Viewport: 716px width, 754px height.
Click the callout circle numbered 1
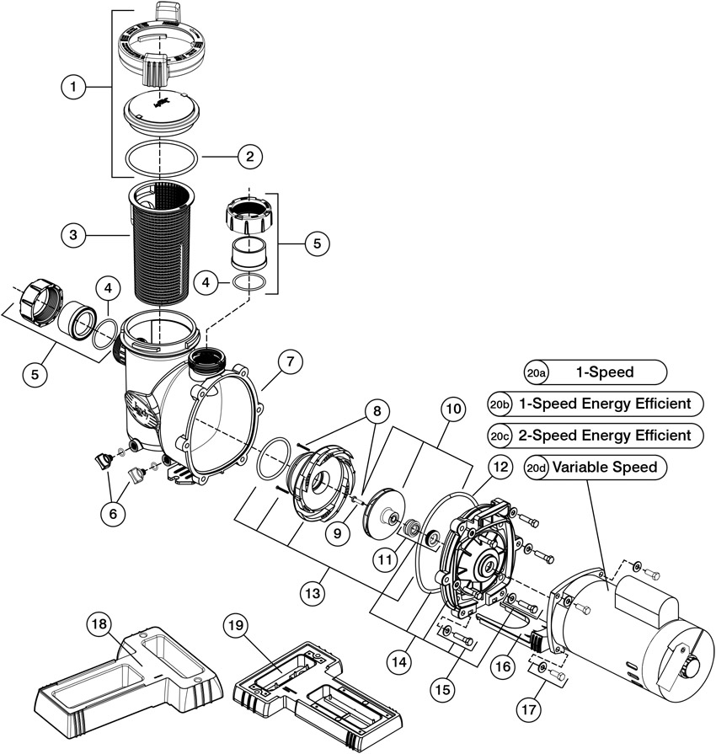tap(74, 87)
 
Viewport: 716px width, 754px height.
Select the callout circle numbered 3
tap(74, 237)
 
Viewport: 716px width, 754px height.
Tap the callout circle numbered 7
tap(288, 362)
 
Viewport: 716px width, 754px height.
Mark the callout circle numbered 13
tap(313, 591)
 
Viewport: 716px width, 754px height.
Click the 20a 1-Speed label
tap(594, 372)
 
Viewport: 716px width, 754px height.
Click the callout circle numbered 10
tap(453, 410)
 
